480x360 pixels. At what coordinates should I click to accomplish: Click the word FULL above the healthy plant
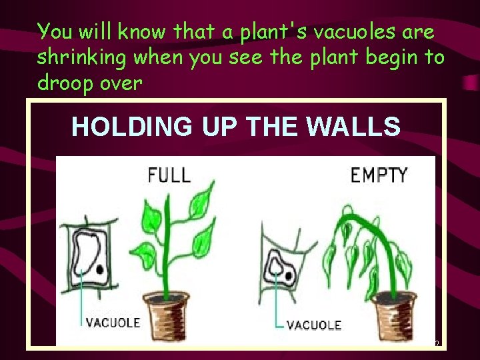point(169,175)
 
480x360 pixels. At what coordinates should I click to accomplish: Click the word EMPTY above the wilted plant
point(379,175)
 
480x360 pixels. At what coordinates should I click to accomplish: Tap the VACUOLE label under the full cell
point(113,323)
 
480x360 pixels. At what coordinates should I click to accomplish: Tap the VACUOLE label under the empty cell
point(313,325)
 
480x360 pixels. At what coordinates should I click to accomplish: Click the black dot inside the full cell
point(99,269)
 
